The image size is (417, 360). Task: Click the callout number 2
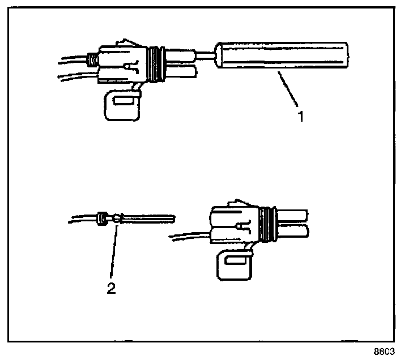[x=112, y=288]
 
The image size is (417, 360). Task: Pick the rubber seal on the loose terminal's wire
[x=103, y=218]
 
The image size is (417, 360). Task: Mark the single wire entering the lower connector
[x=190, y=234]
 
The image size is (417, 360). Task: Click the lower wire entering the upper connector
[x=76, y=75]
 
